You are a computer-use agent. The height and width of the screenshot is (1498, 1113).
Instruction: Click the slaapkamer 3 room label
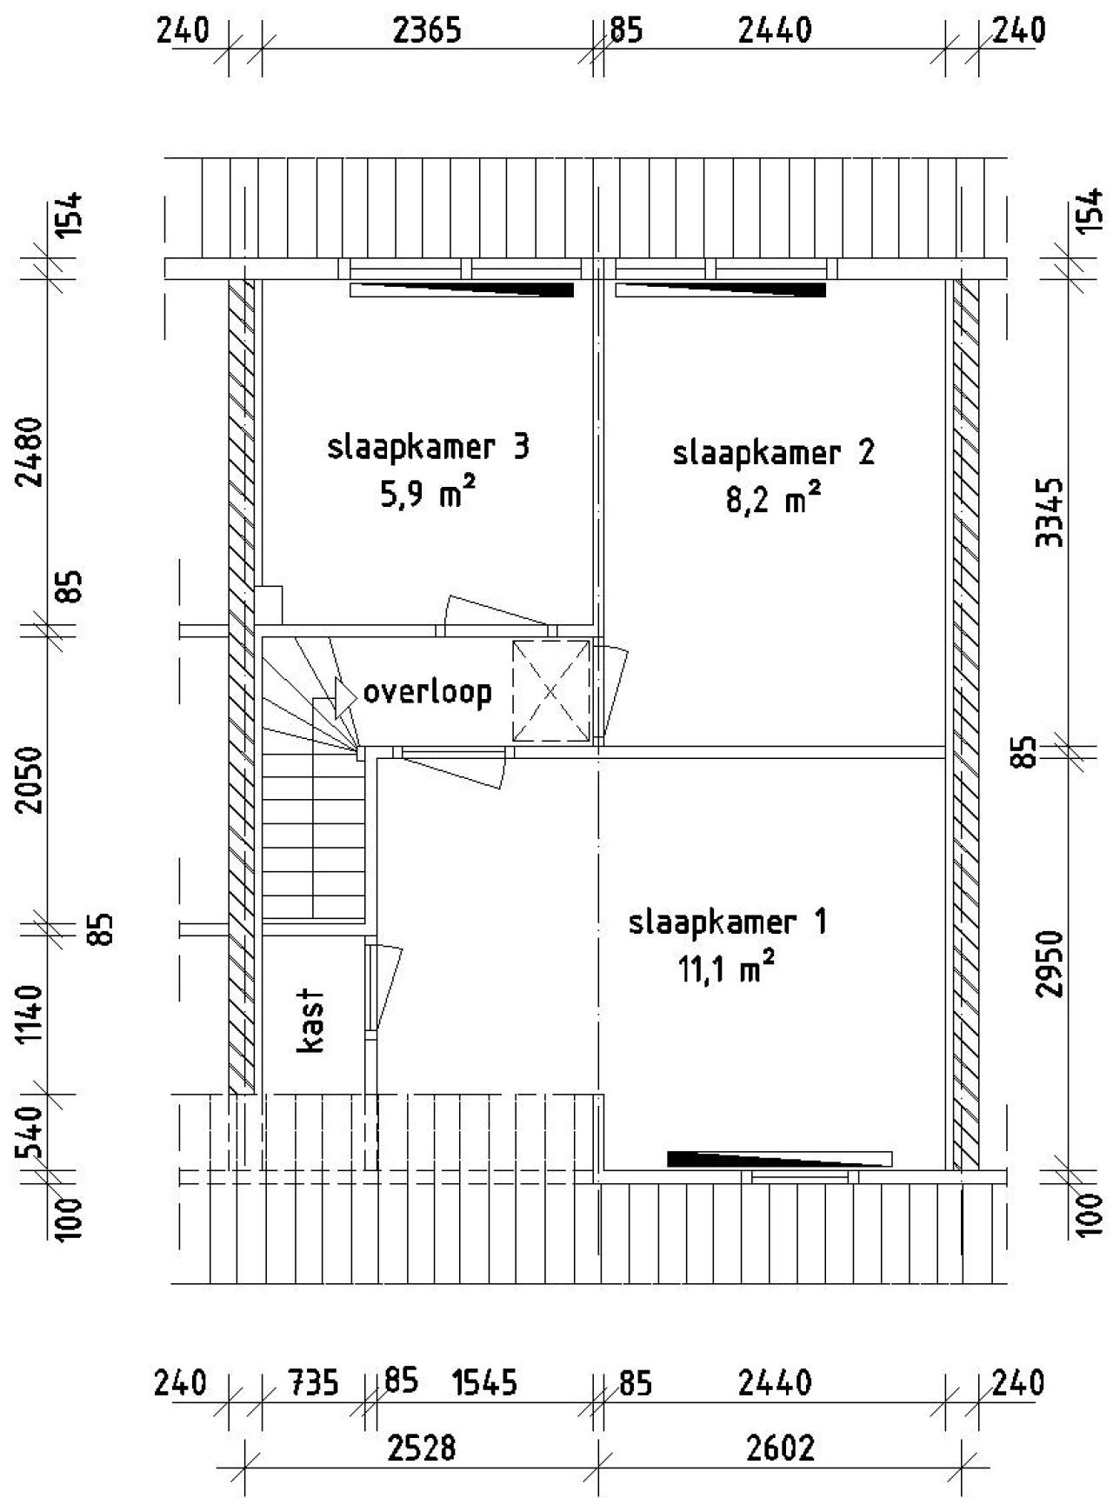tap(428, 448)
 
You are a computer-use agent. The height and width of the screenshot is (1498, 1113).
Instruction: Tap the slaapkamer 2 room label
tap(774, 454)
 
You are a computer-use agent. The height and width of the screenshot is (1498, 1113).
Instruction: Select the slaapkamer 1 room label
tap(728, 922)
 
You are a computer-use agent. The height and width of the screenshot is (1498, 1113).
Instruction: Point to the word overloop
tap(427, 692)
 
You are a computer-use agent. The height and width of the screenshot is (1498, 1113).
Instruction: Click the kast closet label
tap(311, 1020)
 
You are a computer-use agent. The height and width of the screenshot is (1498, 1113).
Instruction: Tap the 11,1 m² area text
tap(727, 968)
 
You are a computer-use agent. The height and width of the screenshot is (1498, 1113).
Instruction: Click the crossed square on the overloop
tap(550, 691)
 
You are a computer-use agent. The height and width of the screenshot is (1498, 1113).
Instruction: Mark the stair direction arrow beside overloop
tap(336, 696)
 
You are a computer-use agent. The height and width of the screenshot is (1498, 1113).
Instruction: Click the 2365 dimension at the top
tap(427, 30)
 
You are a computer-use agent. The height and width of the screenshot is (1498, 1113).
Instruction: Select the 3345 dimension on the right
tap(1051, 511)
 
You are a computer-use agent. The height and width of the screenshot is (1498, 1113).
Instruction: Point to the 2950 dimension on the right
tap(1051, 963)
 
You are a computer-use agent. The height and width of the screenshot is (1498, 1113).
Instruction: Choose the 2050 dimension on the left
tap(31, 778)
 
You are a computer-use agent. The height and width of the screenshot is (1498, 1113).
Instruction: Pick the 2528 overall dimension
tap(423, 1448)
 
